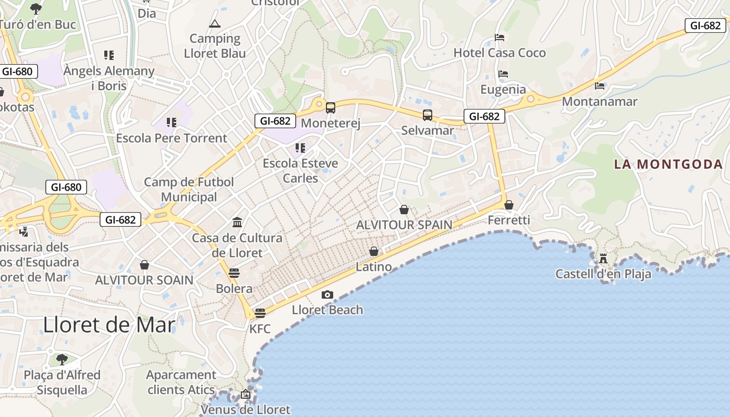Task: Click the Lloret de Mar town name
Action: (109, 325)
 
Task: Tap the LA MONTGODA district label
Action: (668, 164)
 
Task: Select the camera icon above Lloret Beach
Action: (327, 295)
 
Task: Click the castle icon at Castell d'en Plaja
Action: (603, 258)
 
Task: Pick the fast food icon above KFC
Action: (260, 313)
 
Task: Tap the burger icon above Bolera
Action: (234, 273)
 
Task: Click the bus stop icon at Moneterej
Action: (331, 108)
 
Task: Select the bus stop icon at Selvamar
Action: (428, 115)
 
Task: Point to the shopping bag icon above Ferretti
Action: (509, 205)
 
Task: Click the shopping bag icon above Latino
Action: (374, 252)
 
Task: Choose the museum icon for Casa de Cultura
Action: (237, 223)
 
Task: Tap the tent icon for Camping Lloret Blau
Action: (215, 23)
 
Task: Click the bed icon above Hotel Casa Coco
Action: (500, 38)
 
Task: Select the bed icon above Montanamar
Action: (600, 85)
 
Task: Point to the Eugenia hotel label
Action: (503, 89)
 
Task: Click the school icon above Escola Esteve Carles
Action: (300, 148)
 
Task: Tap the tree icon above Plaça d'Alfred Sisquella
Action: (62, 359)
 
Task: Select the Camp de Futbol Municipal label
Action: (189, 190)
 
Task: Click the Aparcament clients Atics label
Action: (181, 382)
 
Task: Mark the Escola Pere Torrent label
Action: (172, 138)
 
